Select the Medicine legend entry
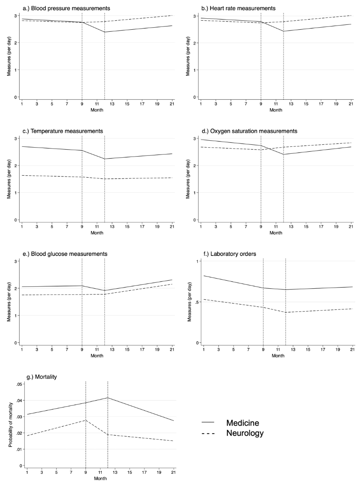pos(242,423)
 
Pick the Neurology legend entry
pos(245,433)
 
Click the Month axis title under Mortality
pos(100,478)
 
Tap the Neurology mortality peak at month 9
pos(85,420)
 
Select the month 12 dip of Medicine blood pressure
pos(105,32)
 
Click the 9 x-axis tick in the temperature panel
pos(82,227)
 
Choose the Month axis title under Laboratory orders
pos(278,355)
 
